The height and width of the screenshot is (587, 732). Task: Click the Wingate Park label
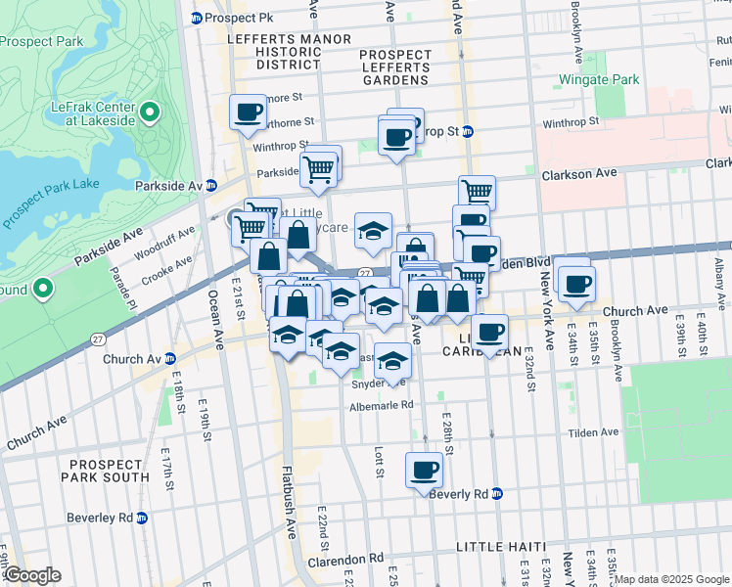(x=598, y=79)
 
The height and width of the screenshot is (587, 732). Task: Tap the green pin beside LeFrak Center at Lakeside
(x=150, y=113)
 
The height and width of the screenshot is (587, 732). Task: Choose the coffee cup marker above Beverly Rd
(x=424, y=471)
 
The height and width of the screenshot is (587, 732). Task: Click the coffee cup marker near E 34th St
(x=575, y=284)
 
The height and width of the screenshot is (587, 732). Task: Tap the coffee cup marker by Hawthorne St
(x=248, y=112)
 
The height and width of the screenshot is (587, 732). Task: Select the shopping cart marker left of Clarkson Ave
(x=477, y=193)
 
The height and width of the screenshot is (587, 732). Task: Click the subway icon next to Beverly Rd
(x=497, y=494)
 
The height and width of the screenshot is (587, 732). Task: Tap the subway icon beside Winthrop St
(x=468, y=131)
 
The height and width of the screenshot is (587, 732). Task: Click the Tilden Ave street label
(x=596, y=431)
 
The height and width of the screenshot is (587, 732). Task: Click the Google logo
(x=32, y=575)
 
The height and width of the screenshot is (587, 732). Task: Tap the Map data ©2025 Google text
(x=671, y=579)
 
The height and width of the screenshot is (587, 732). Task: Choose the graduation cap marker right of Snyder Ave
(x=392, y=362)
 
